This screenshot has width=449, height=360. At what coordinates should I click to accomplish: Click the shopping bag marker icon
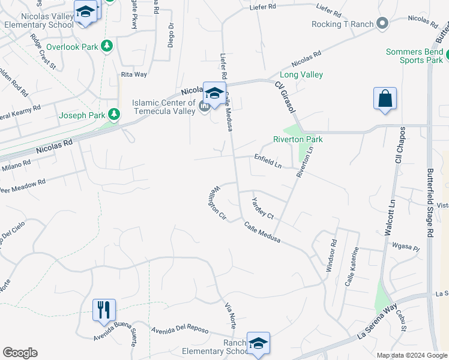click(384, 99)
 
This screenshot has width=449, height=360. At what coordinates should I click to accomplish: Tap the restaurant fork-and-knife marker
click(103, 310)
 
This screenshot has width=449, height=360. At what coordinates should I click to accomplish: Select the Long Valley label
click(301, 74)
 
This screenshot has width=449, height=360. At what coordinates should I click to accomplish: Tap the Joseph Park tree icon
click(113, 115)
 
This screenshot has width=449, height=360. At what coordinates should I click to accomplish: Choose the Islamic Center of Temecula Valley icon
click(204, 107)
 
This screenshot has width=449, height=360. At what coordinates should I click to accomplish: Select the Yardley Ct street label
click(262, 208)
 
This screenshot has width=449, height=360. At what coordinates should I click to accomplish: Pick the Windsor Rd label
click(331, 256)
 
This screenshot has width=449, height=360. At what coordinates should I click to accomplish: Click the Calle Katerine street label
click(351, 266)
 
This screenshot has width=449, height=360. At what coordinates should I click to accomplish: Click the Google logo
click(20, 353)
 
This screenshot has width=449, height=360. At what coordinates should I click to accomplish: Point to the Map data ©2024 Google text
click(412, 355)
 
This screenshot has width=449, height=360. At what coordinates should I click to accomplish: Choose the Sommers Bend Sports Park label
click(415, 56)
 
